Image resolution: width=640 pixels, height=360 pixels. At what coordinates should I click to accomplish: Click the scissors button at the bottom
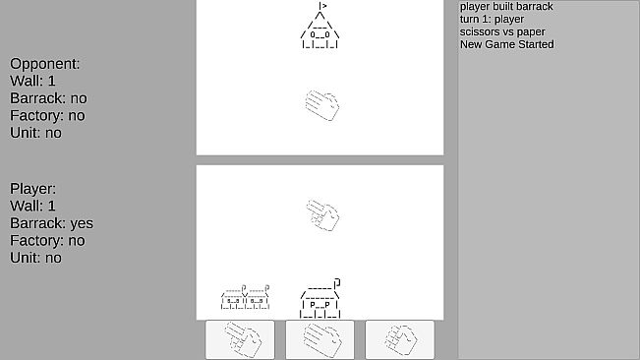[x=240, y=339]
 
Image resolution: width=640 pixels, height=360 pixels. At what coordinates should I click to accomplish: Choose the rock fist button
[x=399, y=339]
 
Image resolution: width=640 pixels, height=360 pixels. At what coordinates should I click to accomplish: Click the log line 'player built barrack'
[x=506, y=7]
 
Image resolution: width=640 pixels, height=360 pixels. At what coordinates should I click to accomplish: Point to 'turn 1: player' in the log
[x=492, y=20]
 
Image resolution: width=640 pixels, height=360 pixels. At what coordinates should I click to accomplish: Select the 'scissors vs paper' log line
[x=502, y=31]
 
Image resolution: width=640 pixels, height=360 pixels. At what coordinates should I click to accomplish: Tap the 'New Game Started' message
[x=507, y=44]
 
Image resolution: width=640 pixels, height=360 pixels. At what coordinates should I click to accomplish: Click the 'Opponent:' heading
[x=45, y=64]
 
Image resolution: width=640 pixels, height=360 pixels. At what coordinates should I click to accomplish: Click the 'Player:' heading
[x=33, y=189]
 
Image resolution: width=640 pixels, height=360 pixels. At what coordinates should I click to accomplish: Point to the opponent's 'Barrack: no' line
[x=48, y=98]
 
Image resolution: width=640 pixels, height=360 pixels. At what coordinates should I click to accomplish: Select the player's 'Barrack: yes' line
[x=51, y=223]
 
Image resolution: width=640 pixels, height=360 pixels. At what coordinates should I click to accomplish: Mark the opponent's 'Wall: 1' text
[x=32, y=82]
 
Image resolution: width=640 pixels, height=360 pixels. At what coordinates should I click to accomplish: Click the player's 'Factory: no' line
[x=47, y=241]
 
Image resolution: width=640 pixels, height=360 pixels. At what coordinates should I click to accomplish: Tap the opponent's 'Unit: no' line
[x=36, y=133]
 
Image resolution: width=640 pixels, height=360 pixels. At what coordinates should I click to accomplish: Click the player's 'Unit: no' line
[x=36, y=258]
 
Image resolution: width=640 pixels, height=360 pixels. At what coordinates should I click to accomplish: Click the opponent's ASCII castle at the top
[x=320, y=26]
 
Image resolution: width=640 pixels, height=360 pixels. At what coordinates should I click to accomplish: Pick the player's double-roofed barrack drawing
[x=245, y=297]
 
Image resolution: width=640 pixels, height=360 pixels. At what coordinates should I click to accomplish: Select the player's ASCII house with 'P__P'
[x=320, y=298]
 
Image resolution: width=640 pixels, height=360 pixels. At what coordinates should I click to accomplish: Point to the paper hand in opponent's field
[x=322, y=105]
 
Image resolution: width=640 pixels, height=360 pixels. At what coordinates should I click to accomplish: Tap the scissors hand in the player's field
[x=322, y=215]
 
